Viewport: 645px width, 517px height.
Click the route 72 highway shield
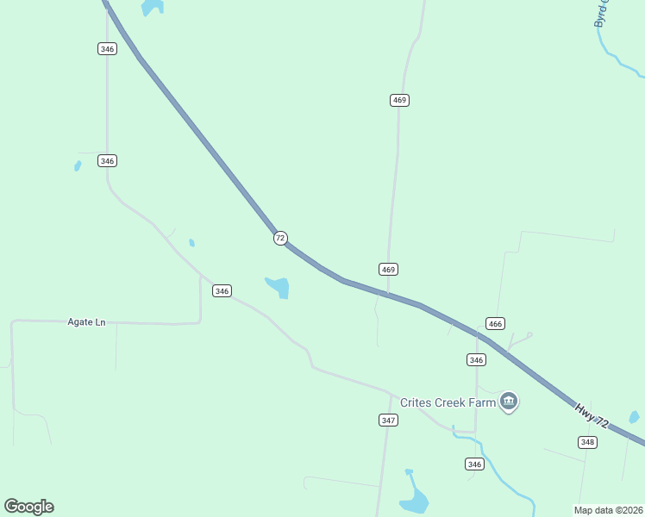pos(280,238)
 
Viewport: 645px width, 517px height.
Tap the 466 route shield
pos(494,323)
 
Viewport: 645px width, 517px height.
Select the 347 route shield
pos(388,420)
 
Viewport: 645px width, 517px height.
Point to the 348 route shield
pos(587,442)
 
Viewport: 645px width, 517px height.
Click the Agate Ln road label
pos(86,321)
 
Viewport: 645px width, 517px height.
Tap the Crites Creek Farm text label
pos(448,402)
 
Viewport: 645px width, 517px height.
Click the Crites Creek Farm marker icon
pos(509,402)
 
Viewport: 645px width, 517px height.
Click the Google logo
pos(28,506)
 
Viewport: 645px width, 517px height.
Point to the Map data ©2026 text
pos(607,510)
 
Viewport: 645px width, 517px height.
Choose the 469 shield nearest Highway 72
pos(388,270)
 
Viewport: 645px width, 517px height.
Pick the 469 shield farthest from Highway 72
pos(398,100)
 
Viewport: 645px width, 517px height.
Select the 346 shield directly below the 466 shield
pos(476,359)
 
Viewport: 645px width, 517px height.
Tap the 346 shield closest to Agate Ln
pos(222,291)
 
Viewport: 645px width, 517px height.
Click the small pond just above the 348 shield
pos(634,418)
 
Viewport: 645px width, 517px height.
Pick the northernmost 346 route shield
pos(107,49)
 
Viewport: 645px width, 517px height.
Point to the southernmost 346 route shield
pos(473,464)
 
